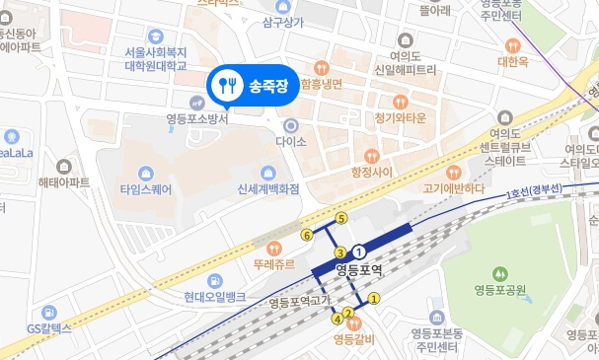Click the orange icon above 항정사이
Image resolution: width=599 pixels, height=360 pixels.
click(371, 155)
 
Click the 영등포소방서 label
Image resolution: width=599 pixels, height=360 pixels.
click(197, 119)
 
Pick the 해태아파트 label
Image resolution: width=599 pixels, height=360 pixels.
click(64, 182)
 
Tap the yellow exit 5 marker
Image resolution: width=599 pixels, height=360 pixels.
click(341, 218)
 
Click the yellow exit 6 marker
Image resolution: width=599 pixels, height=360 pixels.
click(307, 235)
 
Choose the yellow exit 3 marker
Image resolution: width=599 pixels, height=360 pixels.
click(339, 253)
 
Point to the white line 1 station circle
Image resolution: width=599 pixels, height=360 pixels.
click(359, 251)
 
